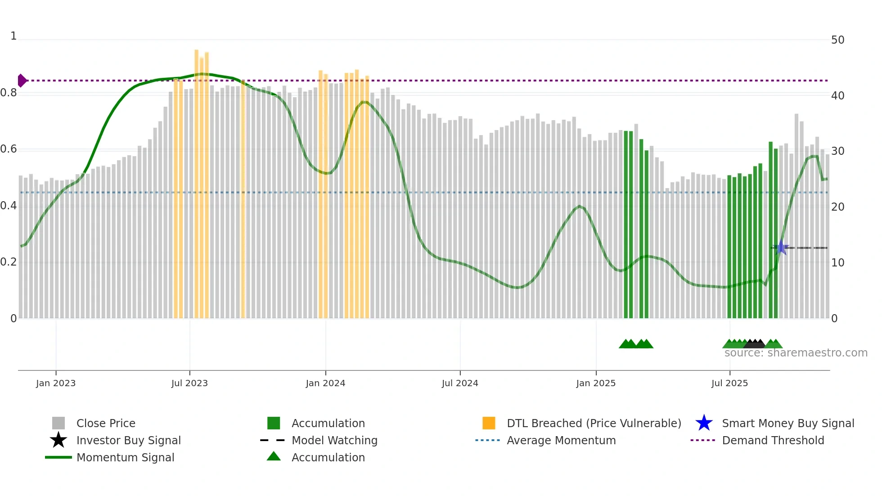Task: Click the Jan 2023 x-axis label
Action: [56, 383]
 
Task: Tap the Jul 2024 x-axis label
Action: [459, 383]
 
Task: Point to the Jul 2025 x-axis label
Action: [729, 383]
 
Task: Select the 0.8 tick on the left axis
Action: [9, 93]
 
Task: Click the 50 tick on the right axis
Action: [837, 40]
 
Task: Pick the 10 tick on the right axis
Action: [837, 262]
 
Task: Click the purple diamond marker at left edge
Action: [22, 81]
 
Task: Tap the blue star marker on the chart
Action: [781, 248]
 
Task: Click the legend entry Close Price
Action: [106, 423]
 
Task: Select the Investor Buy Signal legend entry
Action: [128, 440]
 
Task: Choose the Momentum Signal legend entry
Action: [125, 457]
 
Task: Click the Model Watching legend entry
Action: [334, 440]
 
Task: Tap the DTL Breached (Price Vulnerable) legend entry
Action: [594, 423]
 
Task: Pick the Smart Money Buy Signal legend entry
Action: [787, 423]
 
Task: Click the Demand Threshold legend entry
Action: [773, 440]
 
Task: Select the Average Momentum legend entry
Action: [561, 440]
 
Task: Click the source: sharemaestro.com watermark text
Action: [796, 353]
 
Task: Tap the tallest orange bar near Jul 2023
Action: [197, 180]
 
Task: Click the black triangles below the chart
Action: [755, 344]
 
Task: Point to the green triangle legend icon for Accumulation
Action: [274, 456]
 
